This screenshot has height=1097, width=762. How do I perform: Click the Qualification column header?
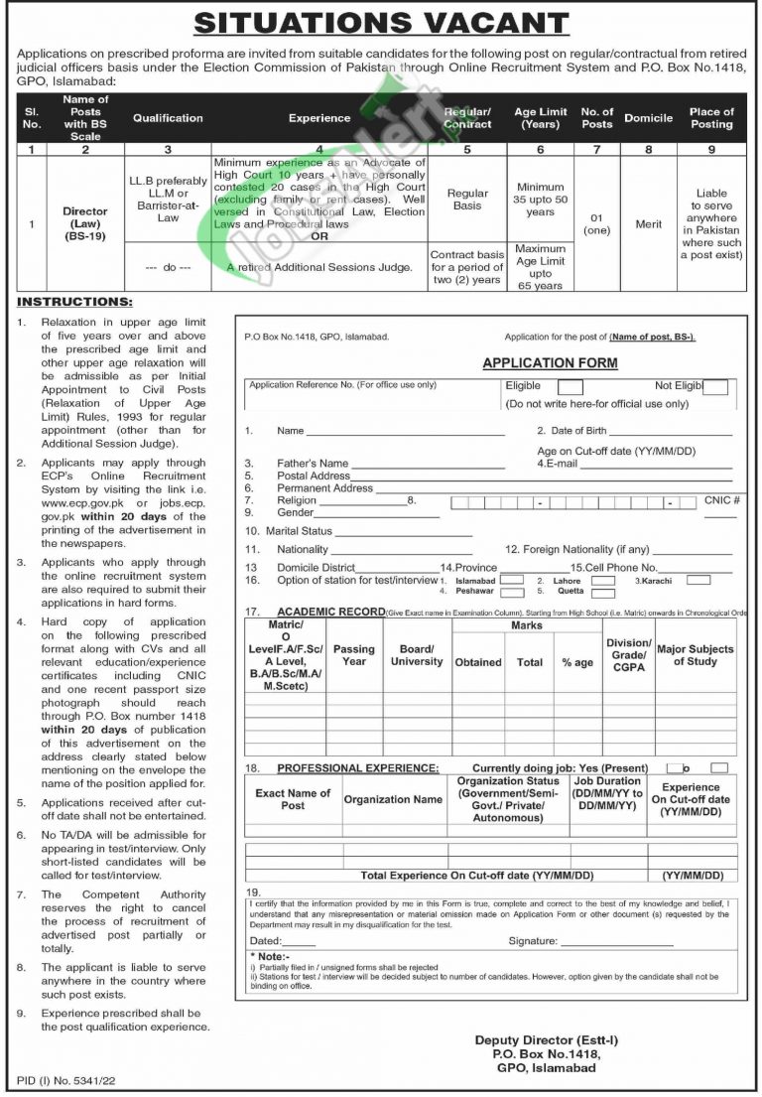click(x=168, y=118)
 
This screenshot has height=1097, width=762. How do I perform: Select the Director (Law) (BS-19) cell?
click(x=85, y=224)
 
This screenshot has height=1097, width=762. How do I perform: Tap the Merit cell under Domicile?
click(x=648, y=224)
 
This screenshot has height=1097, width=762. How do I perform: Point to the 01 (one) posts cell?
click(x=596, y=224)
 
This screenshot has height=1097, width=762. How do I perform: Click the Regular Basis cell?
click(x=467, y=200)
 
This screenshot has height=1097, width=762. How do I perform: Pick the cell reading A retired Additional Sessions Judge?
click(x=318, y=267)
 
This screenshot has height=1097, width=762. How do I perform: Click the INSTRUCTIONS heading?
click(x=74, y=302)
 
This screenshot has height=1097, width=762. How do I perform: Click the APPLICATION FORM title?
click(x=550, y=363)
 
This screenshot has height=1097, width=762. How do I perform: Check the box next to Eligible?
click(x=570, y=388)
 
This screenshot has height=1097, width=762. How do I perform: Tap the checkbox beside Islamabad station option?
click(x=511, y=579)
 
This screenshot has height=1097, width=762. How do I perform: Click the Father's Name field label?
click(x=313, y=464)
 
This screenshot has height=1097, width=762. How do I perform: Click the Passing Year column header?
click(x=354, y=655)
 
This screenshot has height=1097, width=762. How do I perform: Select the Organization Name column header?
click(x=393, y=799)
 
